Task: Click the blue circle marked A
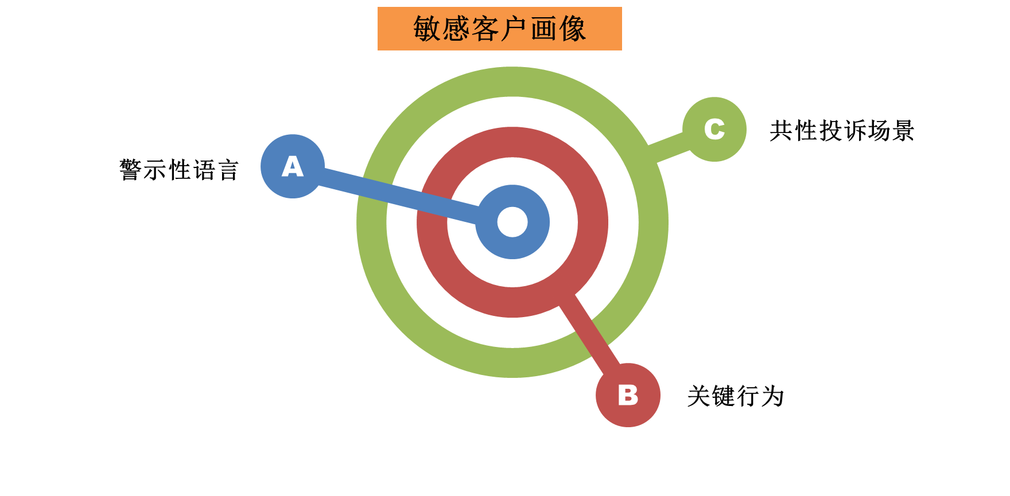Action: (x=293, y=166)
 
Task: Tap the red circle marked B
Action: (x=628, y=395)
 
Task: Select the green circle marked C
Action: (x=714, y=130)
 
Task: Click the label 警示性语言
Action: (x=178, y=170)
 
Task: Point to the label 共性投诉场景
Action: (x=841, y=131)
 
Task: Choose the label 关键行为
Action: (x=735, y=396)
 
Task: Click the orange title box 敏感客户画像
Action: (x=499, y=29)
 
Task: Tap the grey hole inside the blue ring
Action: (x=512, y=222)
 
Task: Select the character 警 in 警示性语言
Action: (x=130, y=170)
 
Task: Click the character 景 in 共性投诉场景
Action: (x=902, y=131)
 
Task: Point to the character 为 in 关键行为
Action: (x=772, y=396)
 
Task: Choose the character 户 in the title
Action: (x=514, y=29)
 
